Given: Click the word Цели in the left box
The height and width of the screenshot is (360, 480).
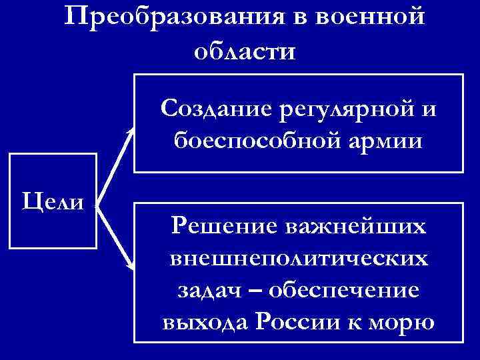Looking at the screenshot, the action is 53,199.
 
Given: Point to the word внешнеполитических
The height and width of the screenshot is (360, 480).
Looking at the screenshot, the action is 298,258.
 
